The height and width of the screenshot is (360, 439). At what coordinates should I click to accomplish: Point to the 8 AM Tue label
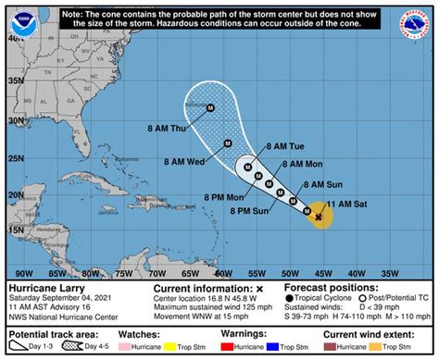[284, 147]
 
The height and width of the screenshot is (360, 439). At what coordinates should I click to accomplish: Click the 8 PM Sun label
[249, 212]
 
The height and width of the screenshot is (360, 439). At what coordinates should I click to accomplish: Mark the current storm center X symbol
[318, 217]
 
